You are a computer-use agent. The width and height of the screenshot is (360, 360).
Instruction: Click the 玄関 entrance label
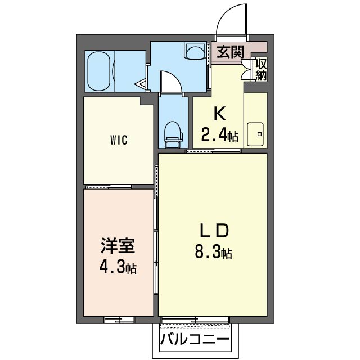click(231, 52)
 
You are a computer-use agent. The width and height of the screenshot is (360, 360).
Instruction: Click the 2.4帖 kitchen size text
click(219, 135)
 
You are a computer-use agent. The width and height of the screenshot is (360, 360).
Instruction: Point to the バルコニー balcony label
click(195, 340)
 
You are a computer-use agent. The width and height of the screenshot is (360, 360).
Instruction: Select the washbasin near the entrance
click(195, 52)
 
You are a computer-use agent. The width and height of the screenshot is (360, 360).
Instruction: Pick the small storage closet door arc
click(246, 71)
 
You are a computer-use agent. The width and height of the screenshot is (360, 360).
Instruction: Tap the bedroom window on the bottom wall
click(119, 320)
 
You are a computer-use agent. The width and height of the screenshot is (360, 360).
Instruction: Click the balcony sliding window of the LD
click(195, 321)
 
